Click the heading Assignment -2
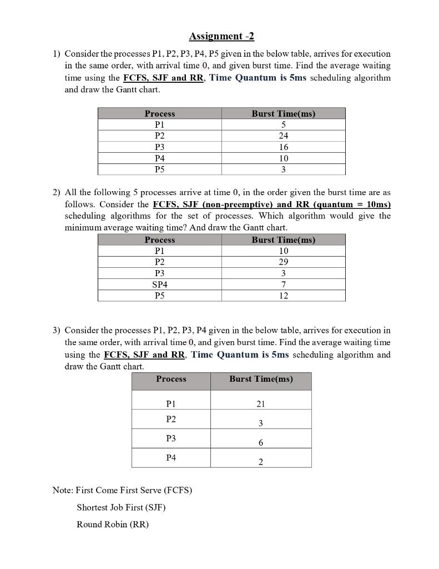[x=221, y=37]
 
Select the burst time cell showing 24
[x=283, y=136]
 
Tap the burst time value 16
[x=283, y=147]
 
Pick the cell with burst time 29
[x=283, y=262]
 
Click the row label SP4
[x=159, y=284]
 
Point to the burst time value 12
[x=283, y=296]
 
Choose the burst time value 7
[x=283, y=284]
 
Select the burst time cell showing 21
[x=261, y=404]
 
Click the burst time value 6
[x=261, y=443]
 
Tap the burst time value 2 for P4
[x=261, y=462]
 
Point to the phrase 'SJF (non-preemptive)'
[x=221, y=204]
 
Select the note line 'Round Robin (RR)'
[x=113, y=524]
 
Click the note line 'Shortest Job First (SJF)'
[x=121, y=507]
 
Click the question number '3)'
[x=57, y=330]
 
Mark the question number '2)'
[x=57, y=192]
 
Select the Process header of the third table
[x=171, y=379]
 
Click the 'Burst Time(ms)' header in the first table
[x=283, y=113]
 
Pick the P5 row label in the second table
[x=159, y=296]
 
